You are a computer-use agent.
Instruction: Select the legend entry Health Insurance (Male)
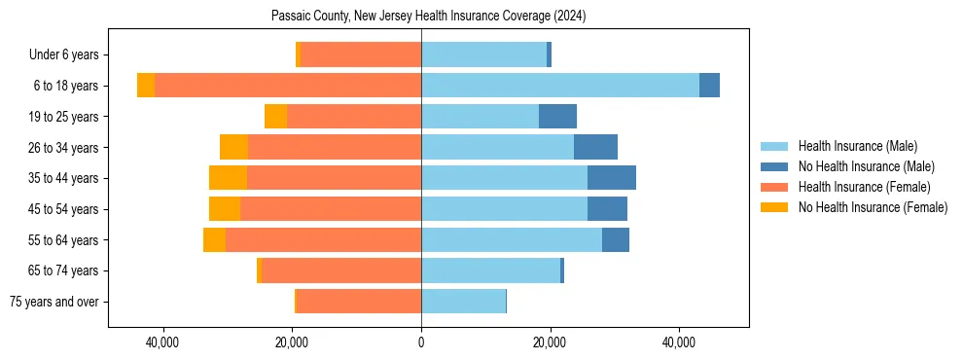[x=857, y=146]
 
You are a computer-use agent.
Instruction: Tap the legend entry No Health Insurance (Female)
[x=873, y=207]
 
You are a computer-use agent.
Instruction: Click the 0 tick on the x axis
[x=421, y=342]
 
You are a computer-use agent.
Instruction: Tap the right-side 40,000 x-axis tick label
[x=679, y=342]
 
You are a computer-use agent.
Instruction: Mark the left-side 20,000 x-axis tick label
[x=292, y=342]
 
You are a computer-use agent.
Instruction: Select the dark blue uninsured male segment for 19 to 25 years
[x=557, y=117]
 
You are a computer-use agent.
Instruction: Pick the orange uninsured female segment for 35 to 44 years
[x=228, y=178]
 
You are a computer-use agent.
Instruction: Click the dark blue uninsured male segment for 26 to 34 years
[x=595, y=147]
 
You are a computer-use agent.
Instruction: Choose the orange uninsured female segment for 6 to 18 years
[x=146, y=86]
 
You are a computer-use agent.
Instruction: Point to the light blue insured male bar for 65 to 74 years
[x=490, y=270]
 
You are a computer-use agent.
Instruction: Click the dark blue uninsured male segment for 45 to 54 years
[x=607, y=209]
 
